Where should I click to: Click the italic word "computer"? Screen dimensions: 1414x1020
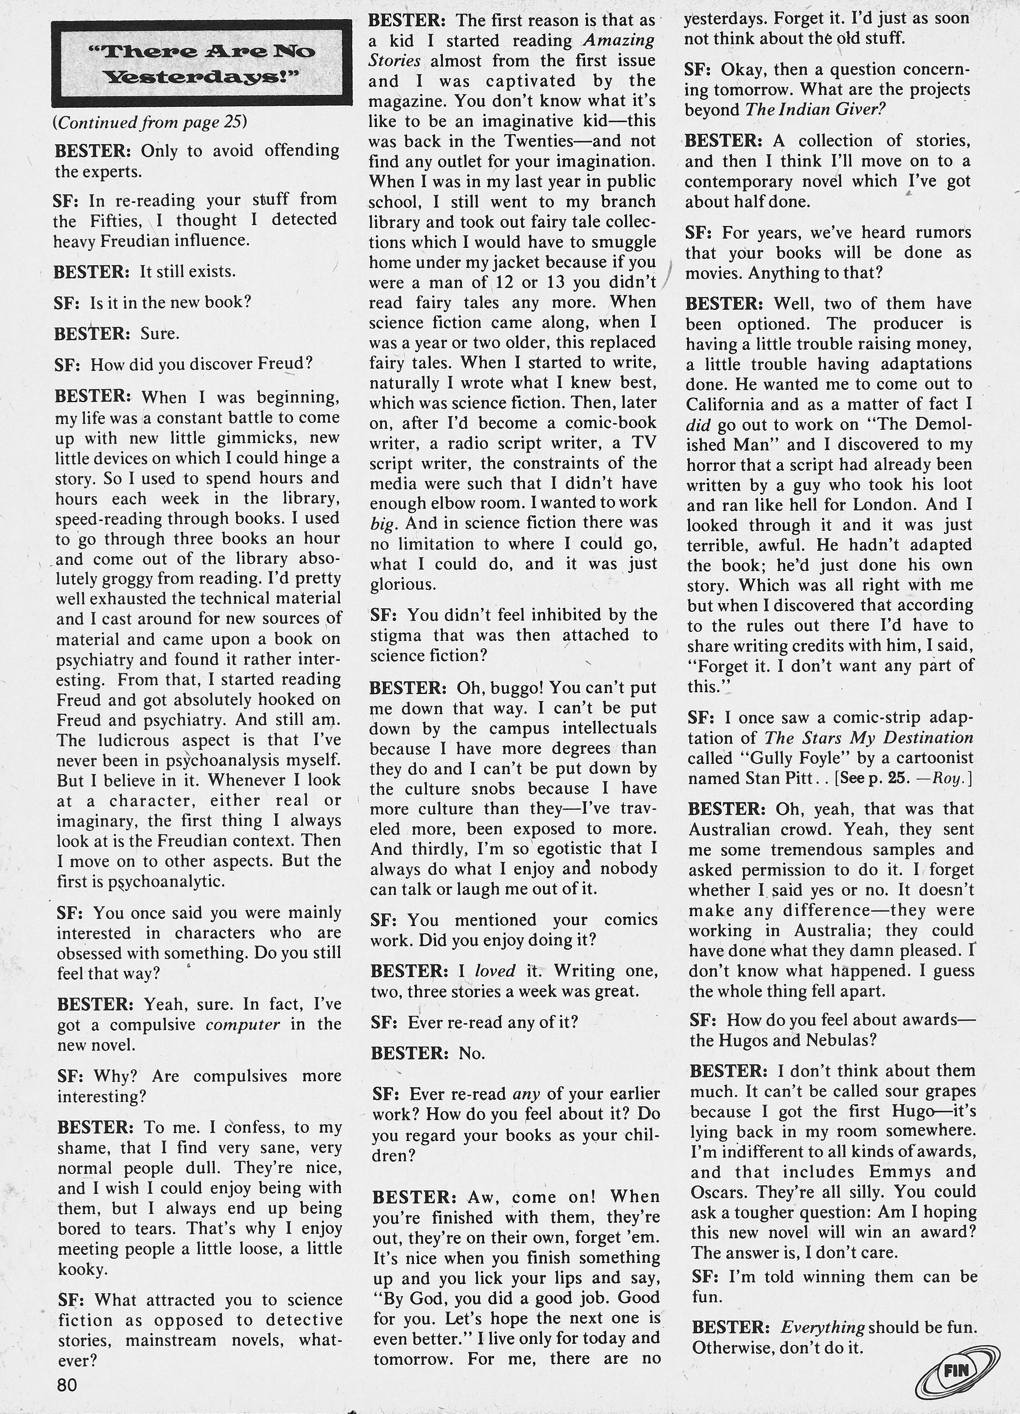point(243,1024)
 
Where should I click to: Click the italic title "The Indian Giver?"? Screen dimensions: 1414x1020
point(816,110)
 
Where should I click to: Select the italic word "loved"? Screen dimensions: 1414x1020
point(495,971)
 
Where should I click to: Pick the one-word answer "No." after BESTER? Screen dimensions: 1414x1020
point(472,1053)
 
